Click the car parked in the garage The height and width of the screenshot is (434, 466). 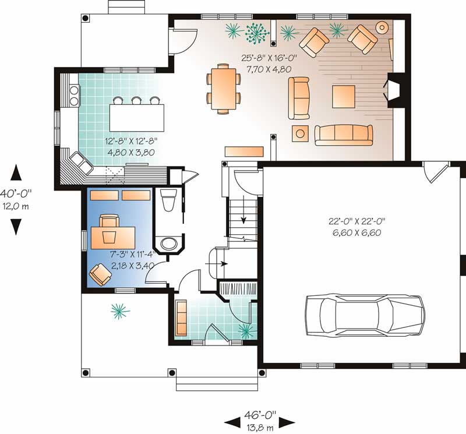coord(365,316)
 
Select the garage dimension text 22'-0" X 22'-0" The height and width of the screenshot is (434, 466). coord(356,221)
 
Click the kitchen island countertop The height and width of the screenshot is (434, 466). coord(137,118)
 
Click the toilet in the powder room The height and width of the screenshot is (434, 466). coord(168,200)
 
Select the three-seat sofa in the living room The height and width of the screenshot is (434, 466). coord(344,135)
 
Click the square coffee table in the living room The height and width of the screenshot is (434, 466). coord(344,97)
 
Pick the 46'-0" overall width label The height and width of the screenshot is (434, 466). coord(260,414)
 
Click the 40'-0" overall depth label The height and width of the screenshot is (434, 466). coord(16,193)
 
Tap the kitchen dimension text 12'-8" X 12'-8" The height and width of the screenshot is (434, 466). coord(131,141)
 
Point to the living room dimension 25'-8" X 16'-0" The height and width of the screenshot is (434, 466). coord(269,58)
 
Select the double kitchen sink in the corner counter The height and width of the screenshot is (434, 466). coord(81,163)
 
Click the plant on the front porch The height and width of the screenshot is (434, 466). coord(120,311)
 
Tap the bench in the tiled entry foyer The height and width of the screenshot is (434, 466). coord(181,317)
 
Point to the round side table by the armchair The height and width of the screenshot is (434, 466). coord(382,27)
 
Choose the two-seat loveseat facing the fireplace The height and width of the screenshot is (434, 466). coord(299,98)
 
